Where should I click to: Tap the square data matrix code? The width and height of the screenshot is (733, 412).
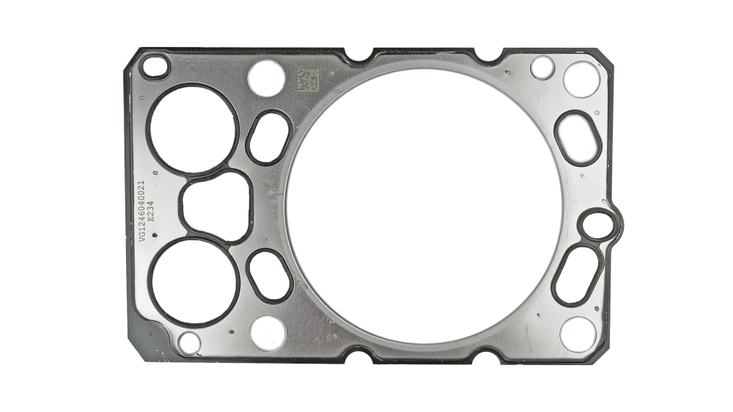[308, 80]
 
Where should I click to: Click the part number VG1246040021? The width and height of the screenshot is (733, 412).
[141, 211]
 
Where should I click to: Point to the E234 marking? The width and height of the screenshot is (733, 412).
[150, 211]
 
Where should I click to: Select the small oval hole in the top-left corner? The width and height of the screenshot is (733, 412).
[154, 67]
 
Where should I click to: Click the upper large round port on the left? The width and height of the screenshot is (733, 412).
[193, 130]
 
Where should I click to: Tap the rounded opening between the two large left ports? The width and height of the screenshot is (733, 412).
[216, 207]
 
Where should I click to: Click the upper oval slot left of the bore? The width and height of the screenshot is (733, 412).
[268, 137]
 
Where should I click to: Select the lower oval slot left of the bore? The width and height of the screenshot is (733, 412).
[270, 275]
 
